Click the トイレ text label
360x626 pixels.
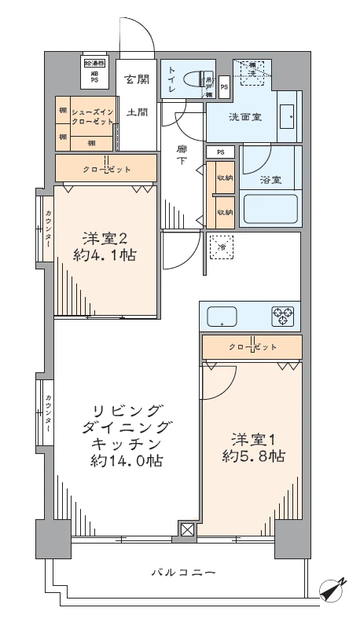[172, 79]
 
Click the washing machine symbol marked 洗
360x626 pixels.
[253, 70]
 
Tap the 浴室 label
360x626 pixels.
[271, 180]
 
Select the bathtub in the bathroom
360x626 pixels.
[270, 210]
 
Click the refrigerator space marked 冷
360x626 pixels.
[222, 247]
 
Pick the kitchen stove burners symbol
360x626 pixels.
[282, 316]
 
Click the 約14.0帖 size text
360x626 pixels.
[126, 462]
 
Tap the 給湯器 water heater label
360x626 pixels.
[94, 63]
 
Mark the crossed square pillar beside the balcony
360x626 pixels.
[187, 530]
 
